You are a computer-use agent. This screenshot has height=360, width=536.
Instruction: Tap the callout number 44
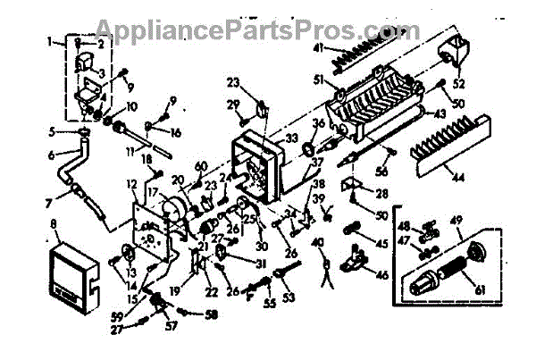(457, 178)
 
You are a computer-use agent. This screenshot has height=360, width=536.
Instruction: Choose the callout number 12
(130, 184)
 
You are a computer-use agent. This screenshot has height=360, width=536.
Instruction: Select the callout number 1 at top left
(49, 40)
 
